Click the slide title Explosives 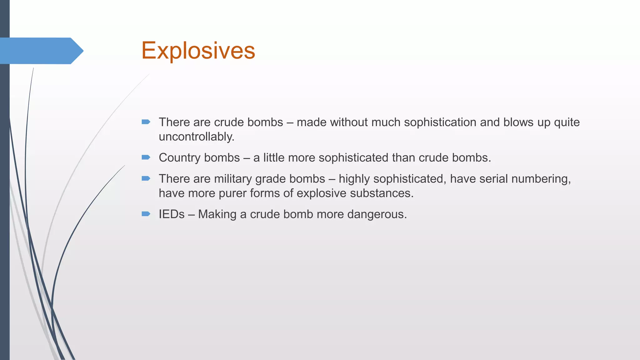(198, 51)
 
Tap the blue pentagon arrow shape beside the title (41, 51)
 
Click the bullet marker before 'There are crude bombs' (146, 122)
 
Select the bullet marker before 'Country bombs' (146, 157)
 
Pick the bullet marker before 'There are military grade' (146, 178)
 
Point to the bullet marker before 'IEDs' (146, 214)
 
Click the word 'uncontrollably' (196, 137)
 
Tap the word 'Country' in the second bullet (179, 158)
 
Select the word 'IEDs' (172, 214)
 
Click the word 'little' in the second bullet (274, 158)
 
